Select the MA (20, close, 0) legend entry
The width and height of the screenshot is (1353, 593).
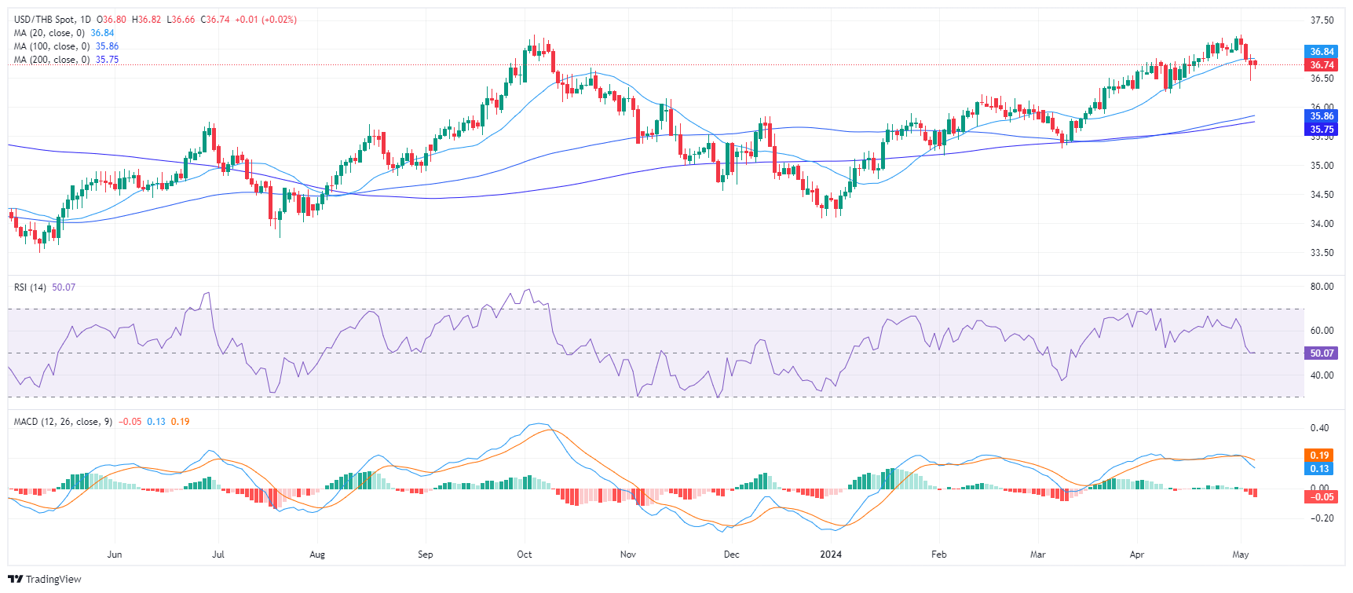pos(49,33)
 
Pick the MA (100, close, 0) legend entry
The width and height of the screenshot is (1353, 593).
pos(51,46)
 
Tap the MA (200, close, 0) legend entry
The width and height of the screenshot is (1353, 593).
pos(51,60)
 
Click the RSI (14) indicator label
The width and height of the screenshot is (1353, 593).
pos(30,287)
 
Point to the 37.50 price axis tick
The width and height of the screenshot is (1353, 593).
pos(1322,20)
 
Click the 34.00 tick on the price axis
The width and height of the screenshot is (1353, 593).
pos(1322,224)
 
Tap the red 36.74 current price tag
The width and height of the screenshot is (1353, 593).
pos(1322,65)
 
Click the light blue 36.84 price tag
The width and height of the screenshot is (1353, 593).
pos(1322,52)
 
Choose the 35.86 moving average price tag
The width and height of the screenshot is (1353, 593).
pos(1322,116)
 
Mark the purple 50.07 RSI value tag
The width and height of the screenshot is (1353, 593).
pos(1322,353)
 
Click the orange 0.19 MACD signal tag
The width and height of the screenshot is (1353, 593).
pos(1320,456)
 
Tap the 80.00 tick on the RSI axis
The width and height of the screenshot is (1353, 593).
pos(1322,287)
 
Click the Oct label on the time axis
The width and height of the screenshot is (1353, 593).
pos(525,555)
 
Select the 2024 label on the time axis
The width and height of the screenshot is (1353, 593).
pos(831,555)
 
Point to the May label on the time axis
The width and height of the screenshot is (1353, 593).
pos(1241,555)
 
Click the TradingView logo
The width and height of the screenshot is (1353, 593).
pos(45,580)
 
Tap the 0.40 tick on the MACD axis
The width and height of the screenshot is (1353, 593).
pos(1319,428)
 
